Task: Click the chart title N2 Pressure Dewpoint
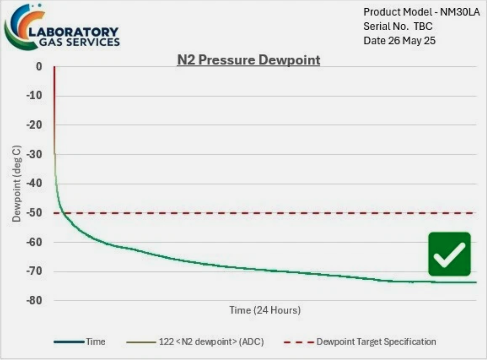coord(249,60)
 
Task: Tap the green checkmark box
coord(449,254)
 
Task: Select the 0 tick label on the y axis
coord(39,66)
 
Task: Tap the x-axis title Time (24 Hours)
coord(265,310)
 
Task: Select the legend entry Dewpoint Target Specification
coord(376,342)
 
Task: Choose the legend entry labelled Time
coord(95,342)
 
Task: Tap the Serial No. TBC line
coord(398,26)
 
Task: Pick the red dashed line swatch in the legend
coord(298,342)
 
